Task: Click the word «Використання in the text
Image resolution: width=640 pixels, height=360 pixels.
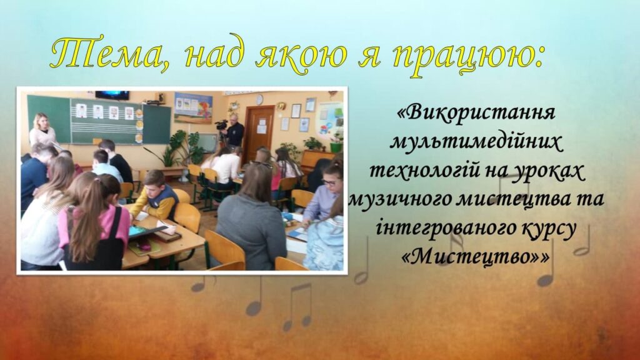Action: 476,112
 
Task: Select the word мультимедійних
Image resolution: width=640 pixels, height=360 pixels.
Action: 476,142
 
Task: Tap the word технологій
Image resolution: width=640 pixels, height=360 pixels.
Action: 424,171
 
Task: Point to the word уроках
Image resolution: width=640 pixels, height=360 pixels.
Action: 547,171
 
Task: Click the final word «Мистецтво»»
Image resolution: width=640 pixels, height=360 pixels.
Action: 476,257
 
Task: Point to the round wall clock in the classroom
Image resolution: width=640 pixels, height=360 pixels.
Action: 259,99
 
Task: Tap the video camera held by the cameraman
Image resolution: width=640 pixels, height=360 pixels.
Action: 221,125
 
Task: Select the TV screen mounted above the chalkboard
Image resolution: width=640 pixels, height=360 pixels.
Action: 112,95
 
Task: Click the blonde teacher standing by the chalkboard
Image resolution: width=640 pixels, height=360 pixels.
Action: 42,131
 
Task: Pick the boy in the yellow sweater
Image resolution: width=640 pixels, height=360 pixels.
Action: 155,196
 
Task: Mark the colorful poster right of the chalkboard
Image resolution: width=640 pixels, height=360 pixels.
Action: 194,107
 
